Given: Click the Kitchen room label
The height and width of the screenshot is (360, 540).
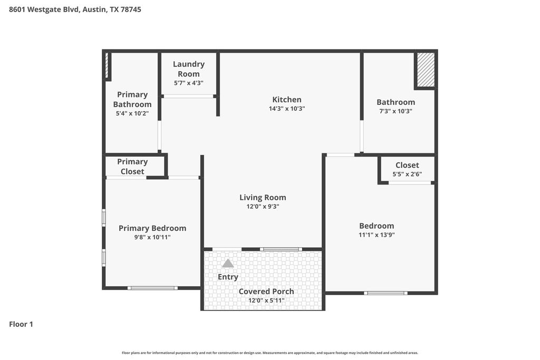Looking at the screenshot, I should point(287,100).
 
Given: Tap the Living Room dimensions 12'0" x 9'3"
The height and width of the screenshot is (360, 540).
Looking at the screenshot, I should point(263,207).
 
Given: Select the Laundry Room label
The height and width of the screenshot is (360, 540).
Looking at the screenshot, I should point(189,69).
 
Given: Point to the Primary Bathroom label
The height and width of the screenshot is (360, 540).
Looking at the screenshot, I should point(132,99).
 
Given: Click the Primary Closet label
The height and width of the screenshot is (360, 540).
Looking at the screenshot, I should point(132,167).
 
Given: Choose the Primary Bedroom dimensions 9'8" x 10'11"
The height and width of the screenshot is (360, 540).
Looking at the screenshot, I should point(152,237).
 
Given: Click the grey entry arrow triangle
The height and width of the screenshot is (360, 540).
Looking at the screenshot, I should point(228,264).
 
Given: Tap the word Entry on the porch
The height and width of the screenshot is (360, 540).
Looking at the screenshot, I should point(228,277).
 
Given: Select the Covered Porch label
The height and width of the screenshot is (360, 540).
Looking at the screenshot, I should point(266,291).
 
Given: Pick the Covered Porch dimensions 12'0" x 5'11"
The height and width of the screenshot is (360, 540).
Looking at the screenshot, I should point(266,300).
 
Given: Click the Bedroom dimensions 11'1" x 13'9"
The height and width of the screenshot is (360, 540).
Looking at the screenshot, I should point(377,235).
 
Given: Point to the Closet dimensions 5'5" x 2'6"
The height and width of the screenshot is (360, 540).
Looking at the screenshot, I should point(407,174).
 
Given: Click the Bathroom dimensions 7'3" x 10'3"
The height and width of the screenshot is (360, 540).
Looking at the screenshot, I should point(396,111).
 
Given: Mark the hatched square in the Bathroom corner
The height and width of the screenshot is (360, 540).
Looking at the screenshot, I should point(426,70).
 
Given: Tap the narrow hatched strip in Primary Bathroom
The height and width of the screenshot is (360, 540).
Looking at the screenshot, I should point(107,65).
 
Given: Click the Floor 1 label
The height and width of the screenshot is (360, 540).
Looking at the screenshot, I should point(21,324).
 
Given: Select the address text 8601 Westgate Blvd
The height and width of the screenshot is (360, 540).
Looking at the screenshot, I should point(45,9).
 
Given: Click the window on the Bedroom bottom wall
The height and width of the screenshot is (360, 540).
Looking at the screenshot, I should point(385,293).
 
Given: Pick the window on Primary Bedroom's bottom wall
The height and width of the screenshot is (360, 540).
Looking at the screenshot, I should point(152,288).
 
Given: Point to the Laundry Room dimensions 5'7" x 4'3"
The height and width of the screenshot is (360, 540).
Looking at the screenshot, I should point(189,83).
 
